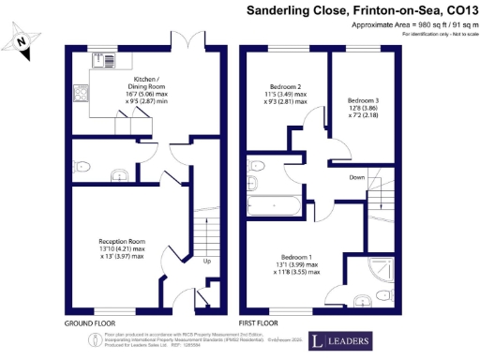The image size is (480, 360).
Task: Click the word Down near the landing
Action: tap(357, 175)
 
